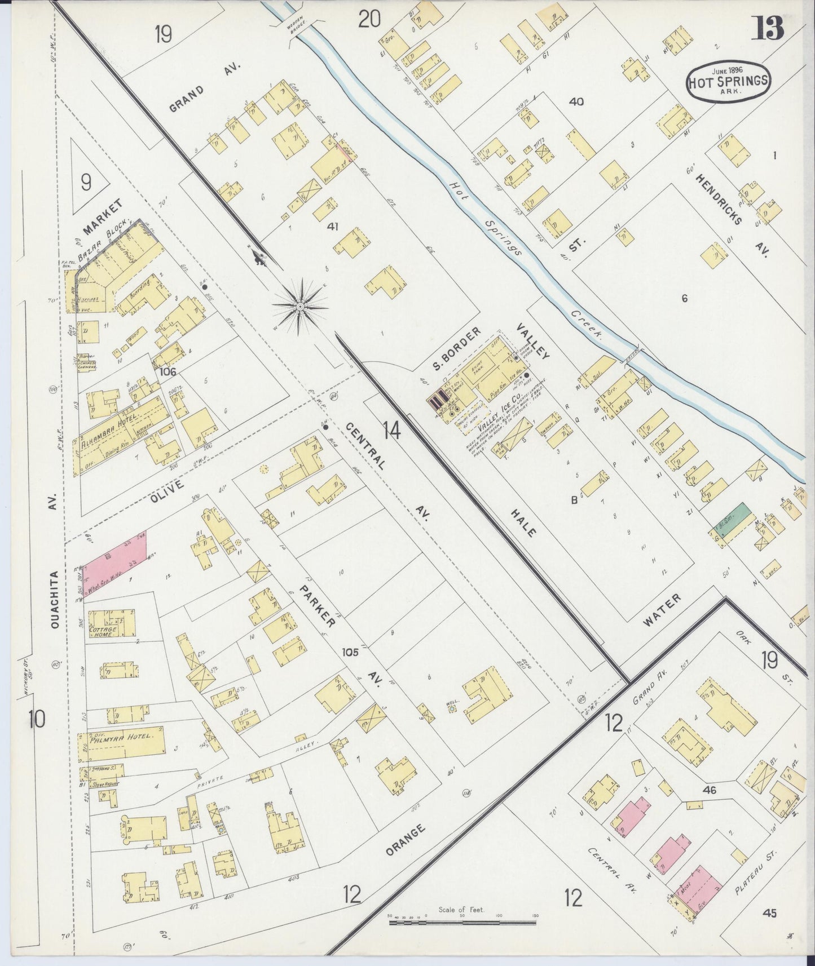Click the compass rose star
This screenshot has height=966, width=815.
(301, 305)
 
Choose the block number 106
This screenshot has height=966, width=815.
(168, 371)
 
